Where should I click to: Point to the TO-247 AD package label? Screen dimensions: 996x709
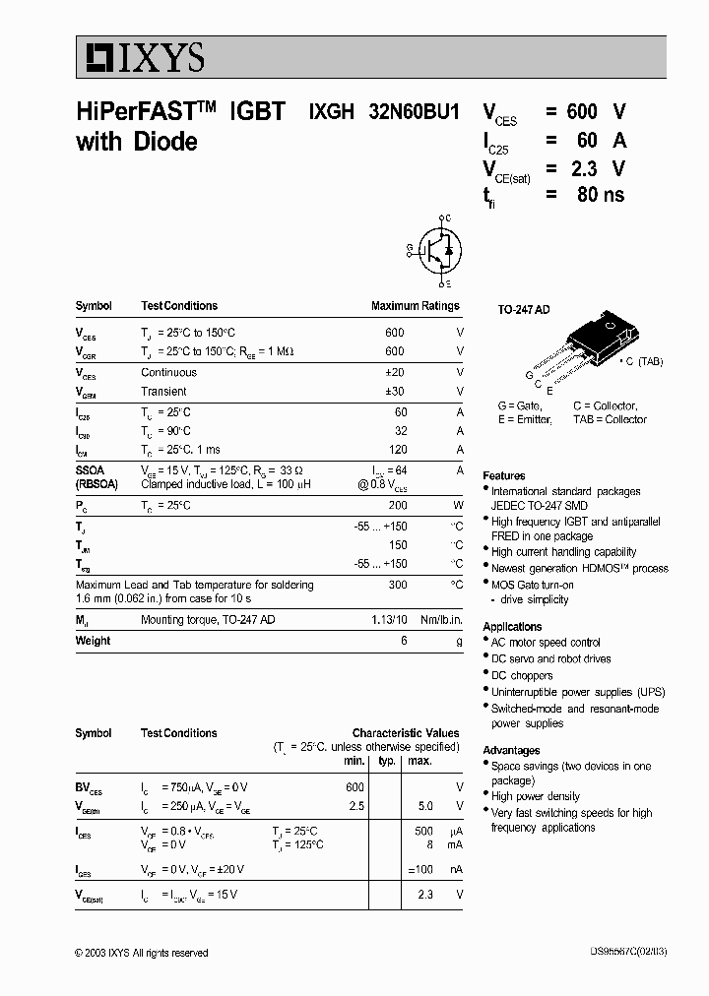[523, 309]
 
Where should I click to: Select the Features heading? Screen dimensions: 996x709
[503, 475]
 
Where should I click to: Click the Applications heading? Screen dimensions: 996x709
[512, 626]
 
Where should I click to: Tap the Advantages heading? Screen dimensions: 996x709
[511, 750]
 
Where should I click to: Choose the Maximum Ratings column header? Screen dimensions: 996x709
[415, 306]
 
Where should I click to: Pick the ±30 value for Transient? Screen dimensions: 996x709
[394, 392]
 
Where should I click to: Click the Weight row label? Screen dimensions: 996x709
[93, 641]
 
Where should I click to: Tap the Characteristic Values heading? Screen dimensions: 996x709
[406, 733]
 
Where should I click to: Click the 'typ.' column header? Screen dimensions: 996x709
[387, 761]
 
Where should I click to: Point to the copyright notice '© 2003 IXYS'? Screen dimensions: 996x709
[142, 953]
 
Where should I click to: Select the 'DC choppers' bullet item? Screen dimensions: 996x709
[522, 675]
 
